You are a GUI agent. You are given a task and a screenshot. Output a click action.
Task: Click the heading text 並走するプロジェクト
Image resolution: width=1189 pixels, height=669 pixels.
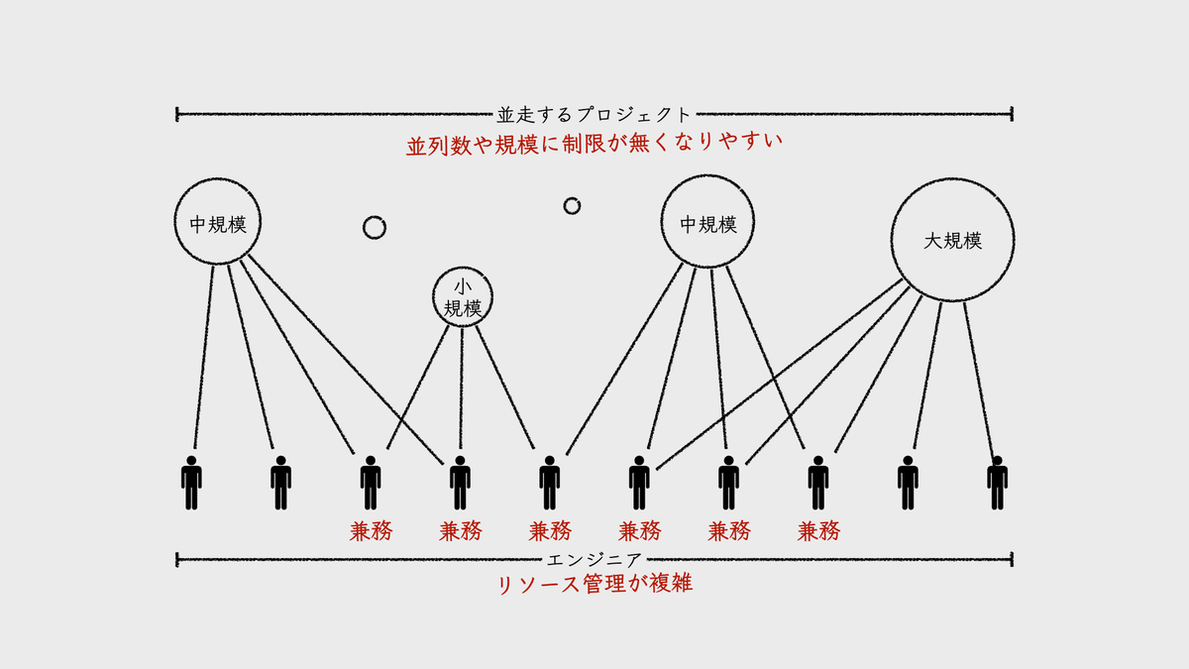(x=594, y=115)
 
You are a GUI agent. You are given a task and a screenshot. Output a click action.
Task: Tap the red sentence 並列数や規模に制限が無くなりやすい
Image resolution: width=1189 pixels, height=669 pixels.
(x=594, y=144)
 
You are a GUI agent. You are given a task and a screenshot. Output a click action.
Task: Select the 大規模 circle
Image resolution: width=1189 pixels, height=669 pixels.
(x=952, y=241)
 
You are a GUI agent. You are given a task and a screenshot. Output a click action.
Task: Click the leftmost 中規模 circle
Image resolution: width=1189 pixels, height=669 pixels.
(x=218, y=222)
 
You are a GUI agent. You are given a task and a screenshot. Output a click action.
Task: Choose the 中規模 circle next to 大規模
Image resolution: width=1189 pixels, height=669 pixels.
(x=708, y=224)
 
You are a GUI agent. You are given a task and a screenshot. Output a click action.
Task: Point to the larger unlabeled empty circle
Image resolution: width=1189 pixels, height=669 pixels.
(x=374, y=228)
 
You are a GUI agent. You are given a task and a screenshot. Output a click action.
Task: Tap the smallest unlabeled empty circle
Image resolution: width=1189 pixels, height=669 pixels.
(x=572, y=205)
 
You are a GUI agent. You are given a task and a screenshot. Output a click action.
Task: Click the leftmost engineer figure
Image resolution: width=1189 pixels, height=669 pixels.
(x=191, y=483)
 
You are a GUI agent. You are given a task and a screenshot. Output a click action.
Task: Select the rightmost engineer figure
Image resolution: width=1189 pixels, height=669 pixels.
(x=997, y=483)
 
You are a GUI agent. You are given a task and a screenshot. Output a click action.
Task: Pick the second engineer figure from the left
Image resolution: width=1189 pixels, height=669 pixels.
(x=280, y=483)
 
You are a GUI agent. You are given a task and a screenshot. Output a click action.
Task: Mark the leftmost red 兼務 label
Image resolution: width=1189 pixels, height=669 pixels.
(x=371, y=531)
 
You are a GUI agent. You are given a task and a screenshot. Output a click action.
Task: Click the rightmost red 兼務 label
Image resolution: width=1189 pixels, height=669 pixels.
(x=818, y=531)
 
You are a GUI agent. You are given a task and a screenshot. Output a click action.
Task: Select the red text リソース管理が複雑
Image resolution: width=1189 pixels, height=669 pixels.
(x=594, y=584)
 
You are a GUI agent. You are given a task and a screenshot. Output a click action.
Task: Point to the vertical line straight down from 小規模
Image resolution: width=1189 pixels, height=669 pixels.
(x=461, y=387)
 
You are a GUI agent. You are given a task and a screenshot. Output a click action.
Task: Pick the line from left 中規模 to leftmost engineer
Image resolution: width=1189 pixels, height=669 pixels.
(x=203, y=357)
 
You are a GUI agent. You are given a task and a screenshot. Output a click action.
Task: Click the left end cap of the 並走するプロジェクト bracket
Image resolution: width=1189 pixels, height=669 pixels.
(x=177, y=115)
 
